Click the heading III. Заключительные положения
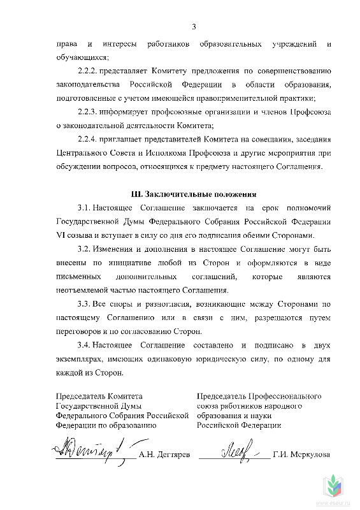pos(192,194)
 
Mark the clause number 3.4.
pos(83,345)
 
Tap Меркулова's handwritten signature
pos(233,451)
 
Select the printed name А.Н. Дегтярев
pos(164,455)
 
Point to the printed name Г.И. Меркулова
pos(301,455)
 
